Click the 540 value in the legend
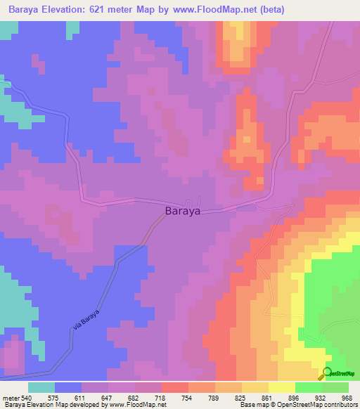click(27, 397)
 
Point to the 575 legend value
click(54, 397)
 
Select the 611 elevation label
click(81, 397)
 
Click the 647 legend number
click(108, 397)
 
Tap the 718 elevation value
click(161, 397)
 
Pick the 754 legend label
click(188, 397)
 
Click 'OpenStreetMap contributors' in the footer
click(317, 405)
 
